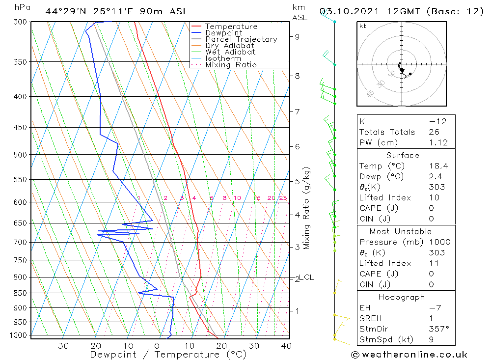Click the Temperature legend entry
click(x=231, y=27)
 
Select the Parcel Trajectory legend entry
click(x=241, y=39)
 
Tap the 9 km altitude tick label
click(x=297, y=36)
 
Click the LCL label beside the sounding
click(x=306, y=277)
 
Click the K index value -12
click(x=438, y=121)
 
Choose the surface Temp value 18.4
click(x=438, y=166)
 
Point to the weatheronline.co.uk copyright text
click(x=409, y=354)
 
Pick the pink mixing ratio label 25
click(x=283, y=198)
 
